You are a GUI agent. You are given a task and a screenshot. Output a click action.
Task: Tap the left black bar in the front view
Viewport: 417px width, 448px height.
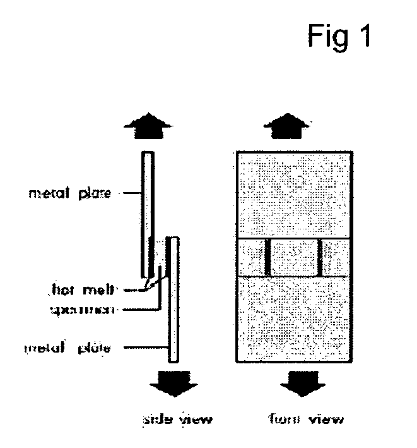point(267,258)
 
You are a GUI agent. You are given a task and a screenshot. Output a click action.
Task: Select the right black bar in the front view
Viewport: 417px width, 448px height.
point(319,258)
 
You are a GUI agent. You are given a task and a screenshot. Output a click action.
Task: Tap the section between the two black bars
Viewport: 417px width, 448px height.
point(293,258)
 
